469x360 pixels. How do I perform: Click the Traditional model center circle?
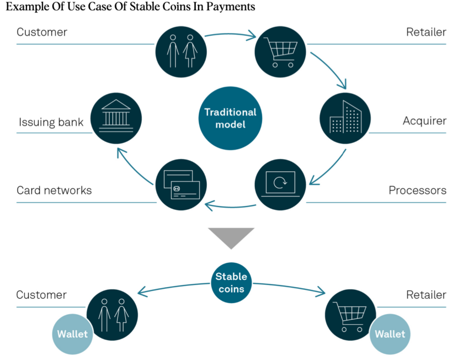(230, 118)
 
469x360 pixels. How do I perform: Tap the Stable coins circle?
(230, 282)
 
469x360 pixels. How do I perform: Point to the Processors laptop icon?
(280, 184)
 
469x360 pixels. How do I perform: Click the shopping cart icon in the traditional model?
(280, 52)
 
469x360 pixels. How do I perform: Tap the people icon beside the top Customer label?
(181, 52)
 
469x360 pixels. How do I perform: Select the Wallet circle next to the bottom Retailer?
(390, 333)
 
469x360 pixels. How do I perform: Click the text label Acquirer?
(424, 120)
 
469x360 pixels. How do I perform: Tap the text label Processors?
(417, 190)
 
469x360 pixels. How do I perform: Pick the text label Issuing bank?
(51, 122)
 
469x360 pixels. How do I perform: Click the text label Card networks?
(54, 190)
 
